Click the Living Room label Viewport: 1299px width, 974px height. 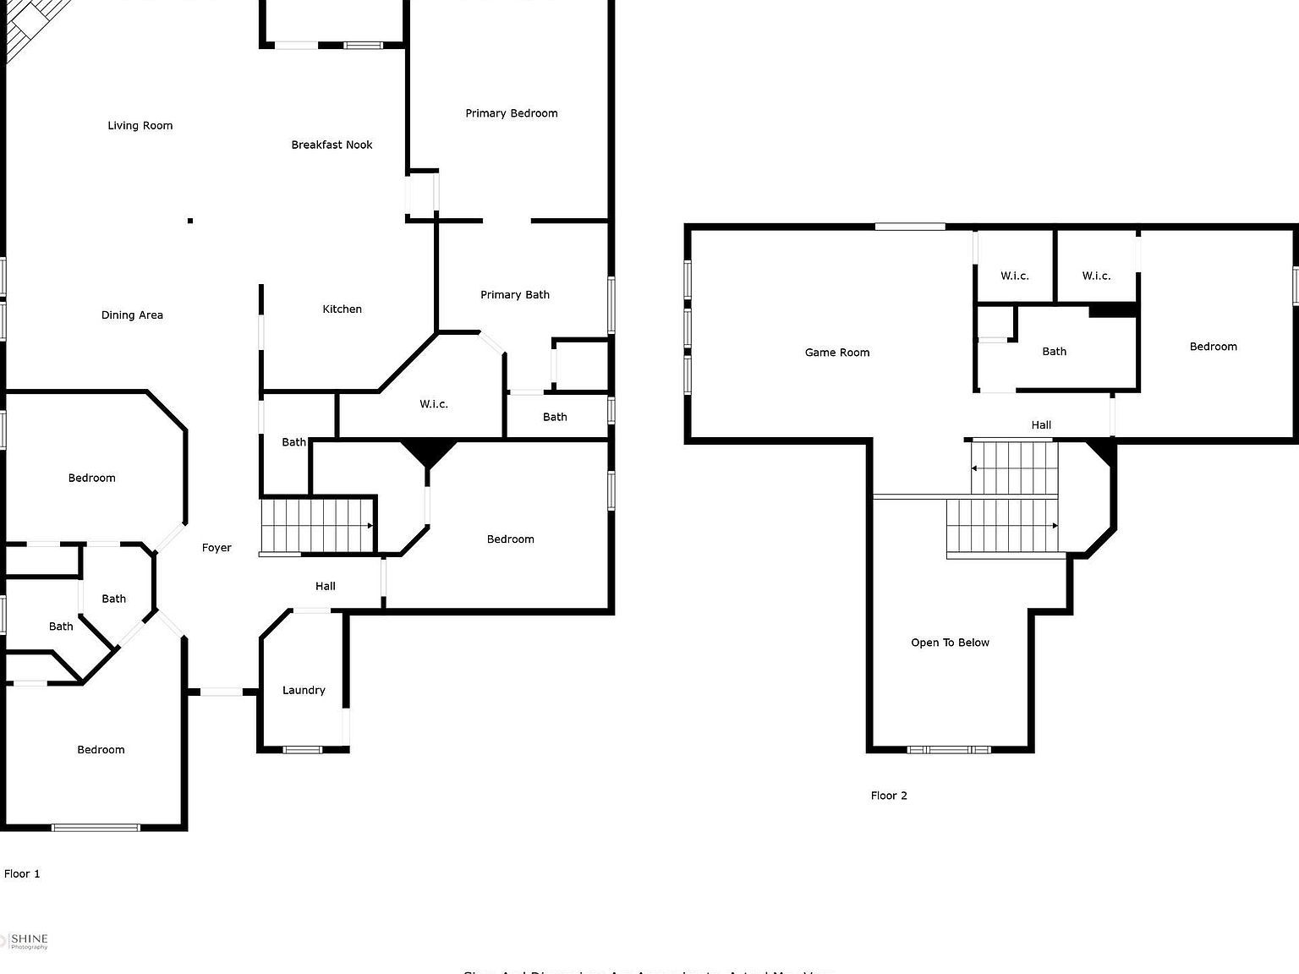(140, 126)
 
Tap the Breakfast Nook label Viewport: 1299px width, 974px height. (332, 145)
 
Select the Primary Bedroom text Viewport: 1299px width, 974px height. (511, 113)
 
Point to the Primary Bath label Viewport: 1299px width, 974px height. (514, 295)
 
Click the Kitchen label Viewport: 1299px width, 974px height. (342, 309)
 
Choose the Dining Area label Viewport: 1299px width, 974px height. (132, 315)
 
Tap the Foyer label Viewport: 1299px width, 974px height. (216, 548)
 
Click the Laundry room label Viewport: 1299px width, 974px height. (304, 691)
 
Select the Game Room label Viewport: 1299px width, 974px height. (836, 353)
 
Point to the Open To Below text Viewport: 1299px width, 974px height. (950, 643)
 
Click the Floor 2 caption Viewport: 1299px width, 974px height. (889, 796)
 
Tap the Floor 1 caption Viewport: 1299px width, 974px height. (22, 874)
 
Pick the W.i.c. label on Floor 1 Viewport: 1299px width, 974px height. (434, 404)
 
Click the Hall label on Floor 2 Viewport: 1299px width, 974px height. (1041, 425)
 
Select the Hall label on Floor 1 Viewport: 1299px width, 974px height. (326, 586)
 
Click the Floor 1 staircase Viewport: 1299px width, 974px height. (317, 526)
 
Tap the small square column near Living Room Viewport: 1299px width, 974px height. (190, 221)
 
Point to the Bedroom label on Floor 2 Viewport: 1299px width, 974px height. (1213, 347)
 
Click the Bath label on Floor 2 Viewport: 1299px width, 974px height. (1054, 352)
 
